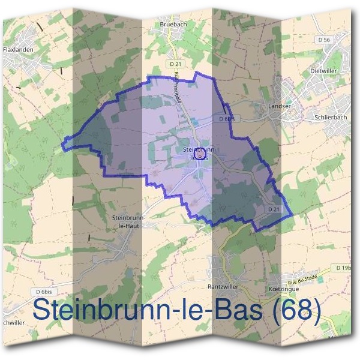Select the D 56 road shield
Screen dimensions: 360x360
[325, 40]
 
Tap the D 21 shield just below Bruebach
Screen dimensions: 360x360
[175, 64]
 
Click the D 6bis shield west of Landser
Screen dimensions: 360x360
[226, 119]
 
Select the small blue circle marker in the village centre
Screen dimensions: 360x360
[201, 154]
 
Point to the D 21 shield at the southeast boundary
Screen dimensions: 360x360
[272, 208]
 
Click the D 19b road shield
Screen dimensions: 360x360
[344, 267]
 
